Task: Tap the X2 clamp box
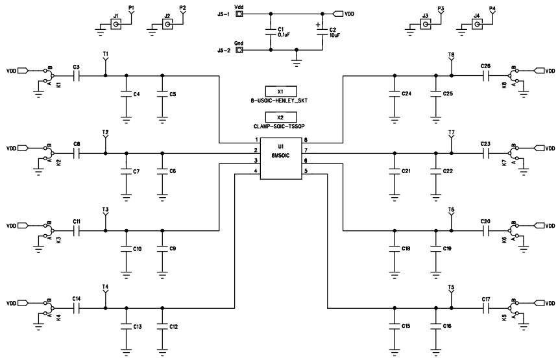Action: pos(281,117)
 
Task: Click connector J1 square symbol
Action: pos(116,25)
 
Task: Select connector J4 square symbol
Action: pos(477,25)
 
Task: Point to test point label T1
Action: pos(106,53)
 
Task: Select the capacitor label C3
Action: pos(77,67)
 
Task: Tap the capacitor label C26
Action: pos(485,67)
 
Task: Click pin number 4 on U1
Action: pos(256,171)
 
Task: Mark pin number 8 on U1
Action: pos(305,140)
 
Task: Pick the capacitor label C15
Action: pos(406,326)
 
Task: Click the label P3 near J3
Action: pos(441,8)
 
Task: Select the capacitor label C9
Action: pos(173,249)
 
